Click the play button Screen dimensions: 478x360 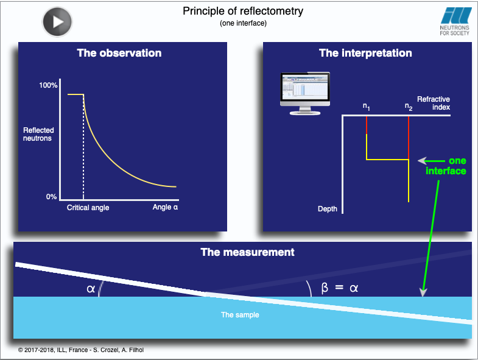point(57,22)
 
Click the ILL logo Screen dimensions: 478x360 point(455,21)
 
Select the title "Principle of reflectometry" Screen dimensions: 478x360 point(243,11)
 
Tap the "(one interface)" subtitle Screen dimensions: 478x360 point(244,23)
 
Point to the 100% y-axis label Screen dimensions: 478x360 point(48,85)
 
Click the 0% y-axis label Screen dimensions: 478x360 point(52,197)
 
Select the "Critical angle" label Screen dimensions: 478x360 point(88,208)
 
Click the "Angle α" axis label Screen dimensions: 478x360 point(165,207)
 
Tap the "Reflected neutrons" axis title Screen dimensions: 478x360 point(38,134)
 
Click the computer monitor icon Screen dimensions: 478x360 point(305,93)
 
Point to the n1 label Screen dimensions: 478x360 point(366,107)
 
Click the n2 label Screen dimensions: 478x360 point(409,107)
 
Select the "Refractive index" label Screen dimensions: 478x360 point(434,103)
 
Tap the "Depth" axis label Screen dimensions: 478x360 point(328,209)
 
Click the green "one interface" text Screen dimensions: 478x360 point(446,166)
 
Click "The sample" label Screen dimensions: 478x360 point(240,315)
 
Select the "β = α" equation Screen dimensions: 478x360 point(340,288)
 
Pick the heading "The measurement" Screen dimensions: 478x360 point(248,252)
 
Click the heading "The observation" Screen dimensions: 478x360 point(119,53)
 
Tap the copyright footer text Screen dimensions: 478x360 point(81,350)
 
